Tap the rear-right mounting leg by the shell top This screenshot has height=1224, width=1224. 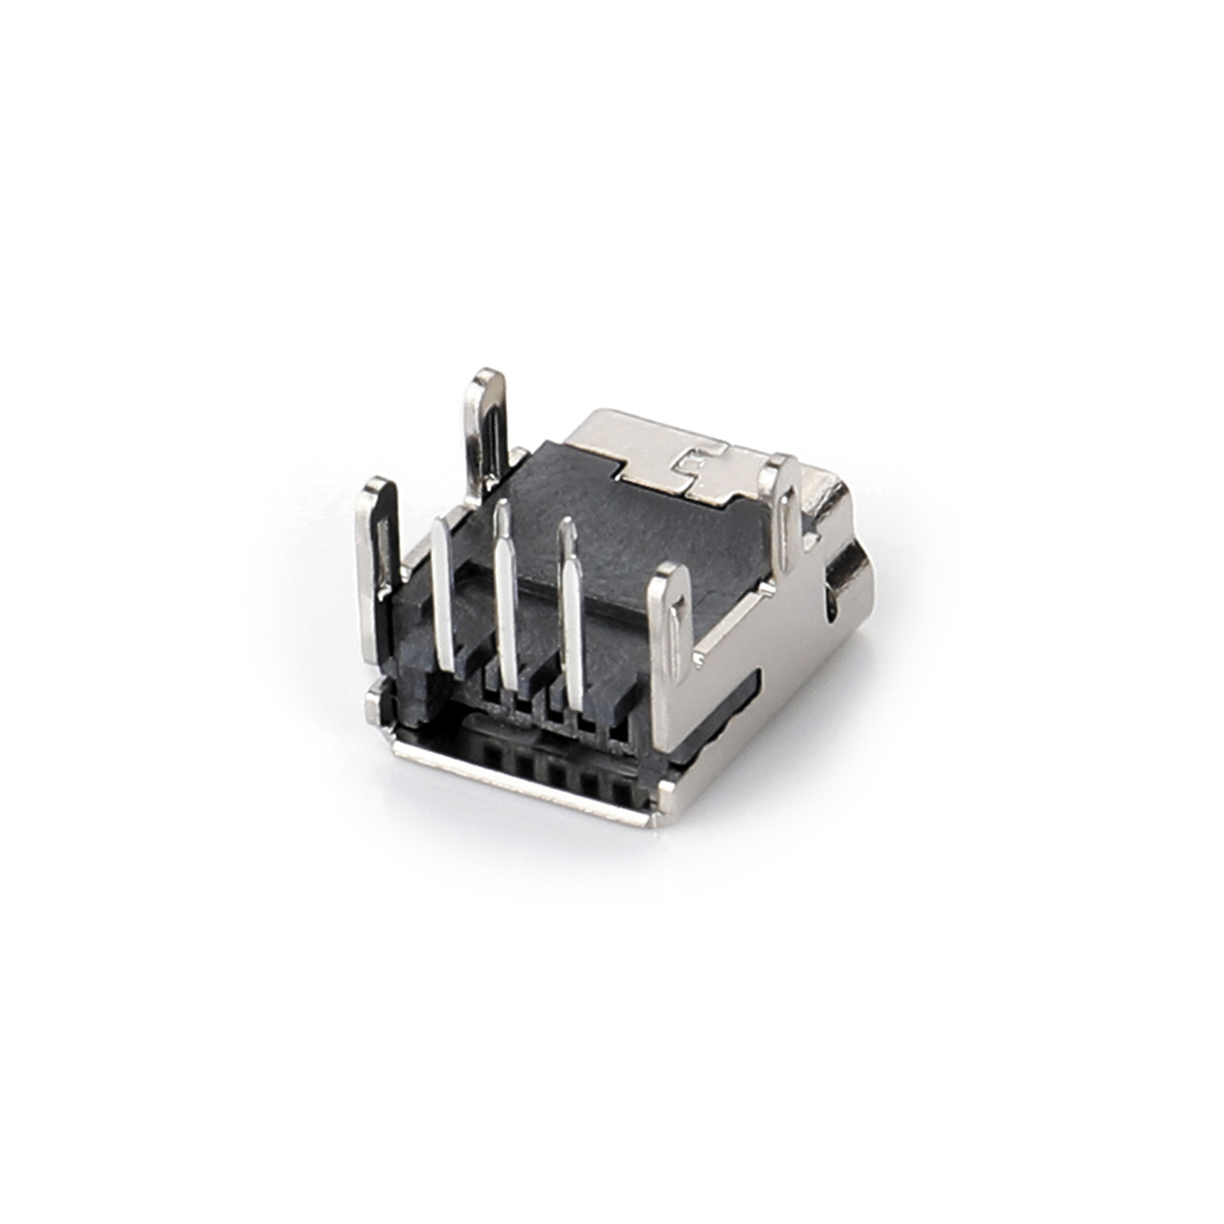click(785, 512)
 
